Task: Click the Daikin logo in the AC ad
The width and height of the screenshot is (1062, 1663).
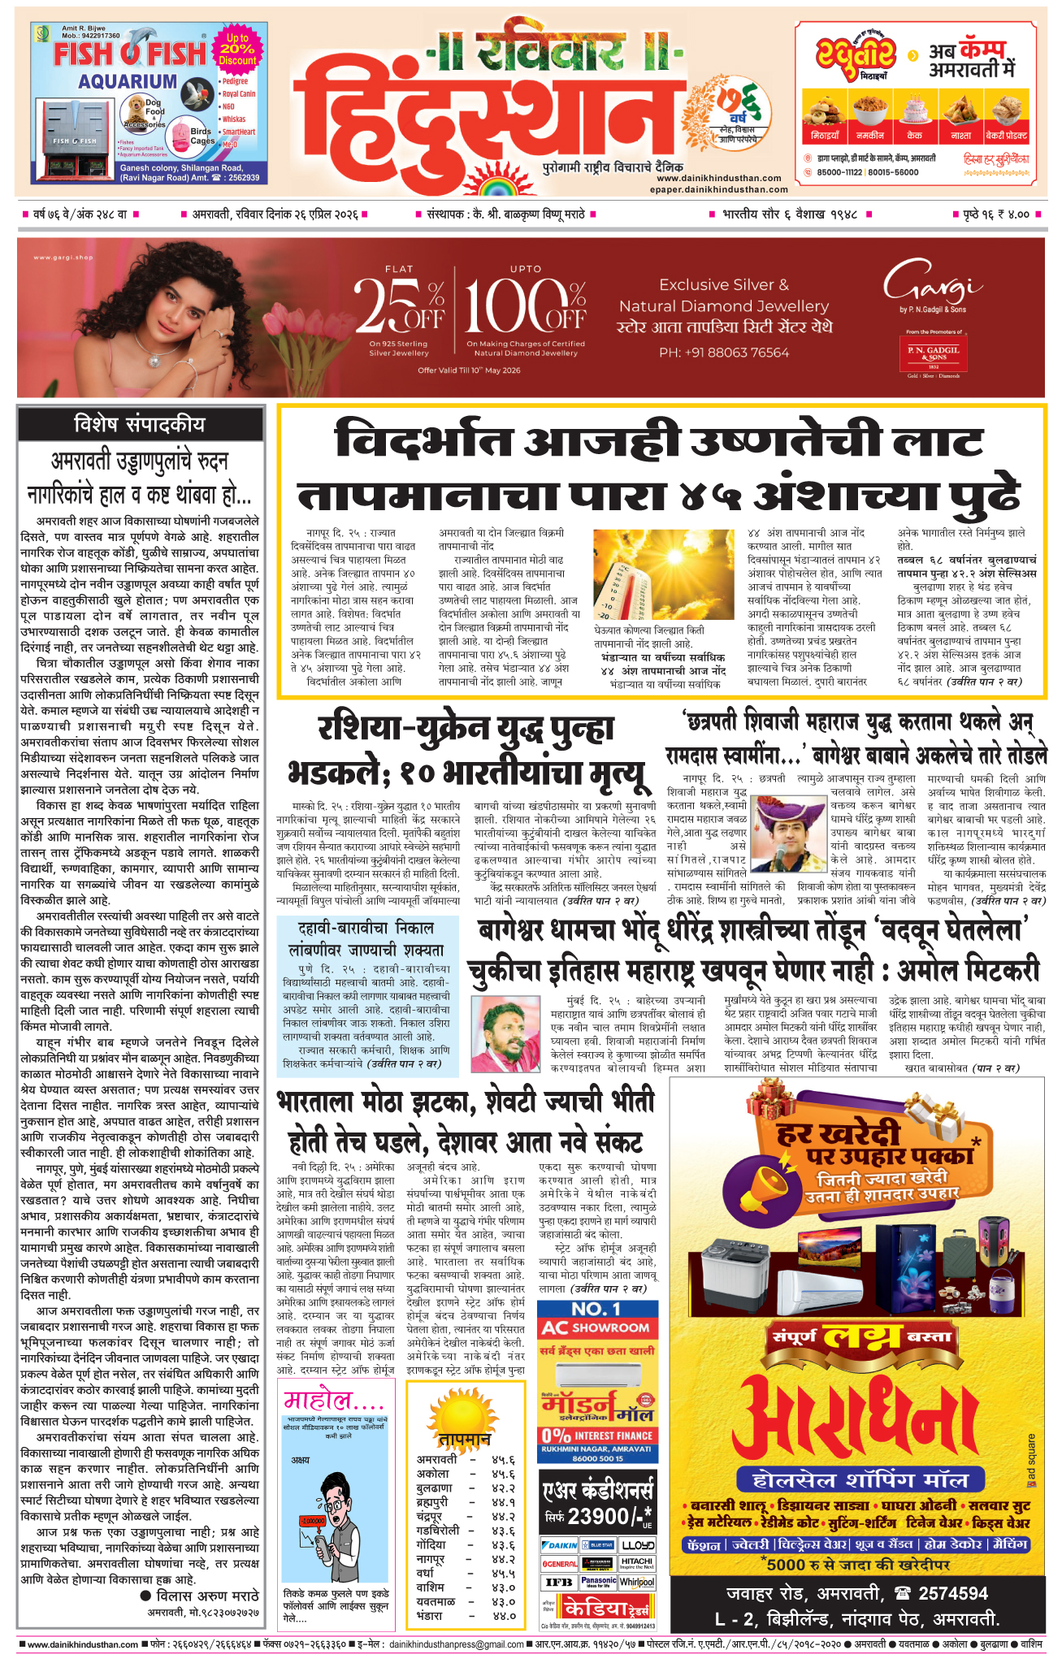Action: [558, 1544]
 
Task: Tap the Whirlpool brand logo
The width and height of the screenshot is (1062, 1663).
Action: [637, 1582]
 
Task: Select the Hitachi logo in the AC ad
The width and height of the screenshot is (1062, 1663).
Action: [637, 1563]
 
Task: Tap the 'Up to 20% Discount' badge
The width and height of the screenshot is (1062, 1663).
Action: [237, 49]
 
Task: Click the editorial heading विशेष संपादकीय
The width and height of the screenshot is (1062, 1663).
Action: [140, 424]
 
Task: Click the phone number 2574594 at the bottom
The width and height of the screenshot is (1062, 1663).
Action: [942, 1592]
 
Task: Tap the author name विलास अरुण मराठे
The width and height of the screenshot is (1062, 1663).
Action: [206, 1596]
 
